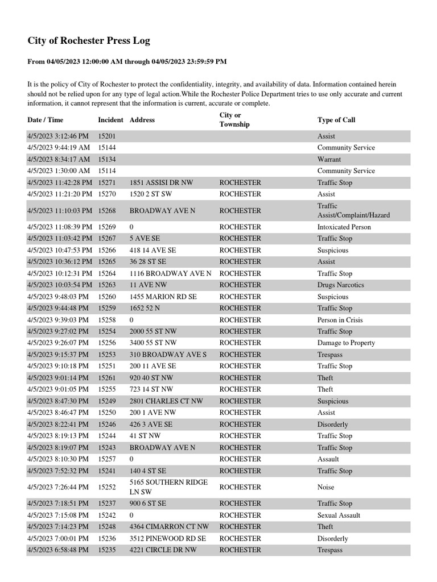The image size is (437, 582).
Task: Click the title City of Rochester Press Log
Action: click(89, 41)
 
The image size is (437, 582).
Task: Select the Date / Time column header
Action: click(46, 120)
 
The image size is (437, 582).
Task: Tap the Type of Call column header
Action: click(336, 120)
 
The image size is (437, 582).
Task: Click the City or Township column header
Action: click(234, 120)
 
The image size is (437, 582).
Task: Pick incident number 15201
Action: click(107, 136)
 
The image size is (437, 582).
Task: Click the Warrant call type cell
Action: click(329, 160)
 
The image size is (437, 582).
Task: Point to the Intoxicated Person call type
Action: click(344, 227)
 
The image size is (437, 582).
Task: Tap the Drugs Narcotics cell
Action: click(340, 285)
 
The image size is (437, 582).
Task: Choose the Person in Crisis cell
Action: click(340, 320)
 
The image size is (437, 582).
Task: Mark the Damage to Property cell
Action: click(346, 343)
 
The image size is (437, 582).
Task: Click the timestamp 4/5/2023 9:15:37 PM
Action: click(58, 355)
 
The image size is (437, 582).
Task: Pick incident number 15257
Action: click(107, 459)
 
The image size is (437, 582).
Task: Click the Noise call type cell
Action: click(326, 487)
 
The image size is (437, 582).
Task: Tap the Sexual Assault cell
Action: click(339, 516)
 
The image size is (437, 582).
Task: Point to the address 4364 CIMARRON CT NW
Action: click(169, 527)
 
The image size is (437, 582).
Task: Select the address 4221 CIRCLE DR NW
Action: click(163, 550)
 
